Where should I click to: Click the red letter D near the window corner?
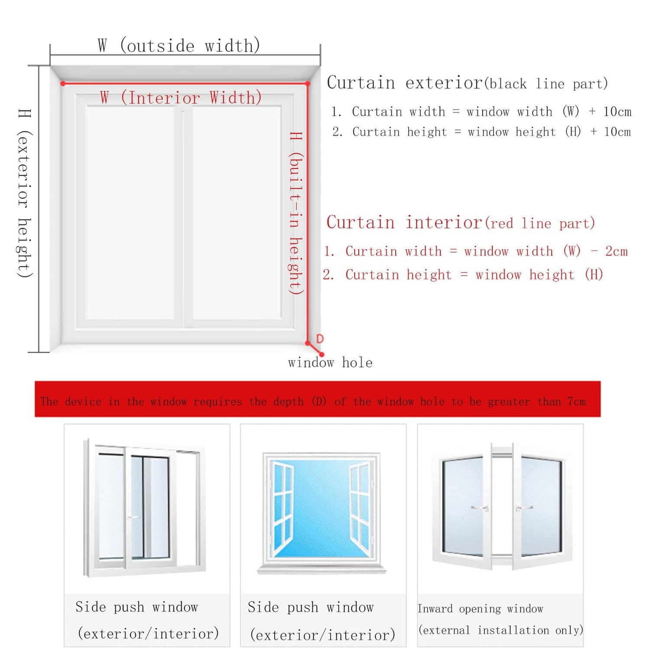(x=320, y=339)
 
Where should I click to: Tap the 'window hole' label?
(x=330, y=362)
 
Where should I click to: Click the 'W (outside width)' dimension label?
(x=179, y=45)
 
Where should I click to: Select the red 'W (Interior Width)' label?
(x=181, y=98)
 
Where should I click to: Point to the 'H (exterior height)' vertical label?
(x=24, y=193)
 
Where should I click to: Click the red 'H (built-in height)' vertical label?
(x=296, y=213)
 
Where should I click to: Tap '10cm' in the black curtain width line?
(x=617, y=112)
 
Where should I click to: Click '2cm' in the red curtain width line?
(x=617, y=251)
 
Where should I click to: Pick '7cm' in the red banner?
(x=577, y=402)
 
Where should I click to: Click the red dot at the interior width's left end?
(x=63, y=83)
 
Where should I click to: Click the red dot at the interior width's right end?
(x=307, y=83)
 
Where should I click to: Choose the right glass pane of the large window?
(x=237, y=212)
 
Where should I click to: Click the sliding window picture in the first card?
(x=145, y=508)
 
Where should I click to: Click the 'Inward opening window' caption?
(x=480, y=609)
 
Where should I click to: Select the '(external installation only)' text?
(x=501, y=630)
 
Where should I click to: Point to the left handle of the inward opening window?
(x=480, y=507)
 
